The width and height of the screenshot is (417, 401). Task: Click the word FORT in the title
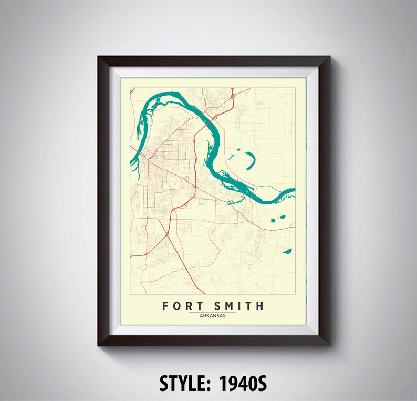[x=180, y=306]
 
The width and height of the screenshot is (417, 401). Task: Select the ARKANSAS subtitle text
[x=213, y=315]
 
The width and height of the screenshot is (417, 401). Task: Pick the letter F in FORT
[x=165, y=306]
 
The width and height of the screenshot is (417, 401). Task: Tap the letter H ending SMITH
[x=260, y=306]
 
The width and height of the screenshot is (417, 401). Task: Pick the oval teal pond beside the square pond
[x=282, y=217]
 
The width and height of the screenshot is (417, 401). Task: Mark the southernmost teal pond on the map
[x=287, y=251]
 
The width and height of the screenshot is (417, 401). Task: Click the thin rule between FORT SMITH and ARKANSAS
[x=213, y=312]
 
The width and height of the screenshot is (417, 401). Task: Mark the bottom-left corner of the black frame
[x=98, y=345]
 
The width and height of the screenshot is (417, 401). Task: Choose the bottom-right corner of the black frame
[x=329, y=345]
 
